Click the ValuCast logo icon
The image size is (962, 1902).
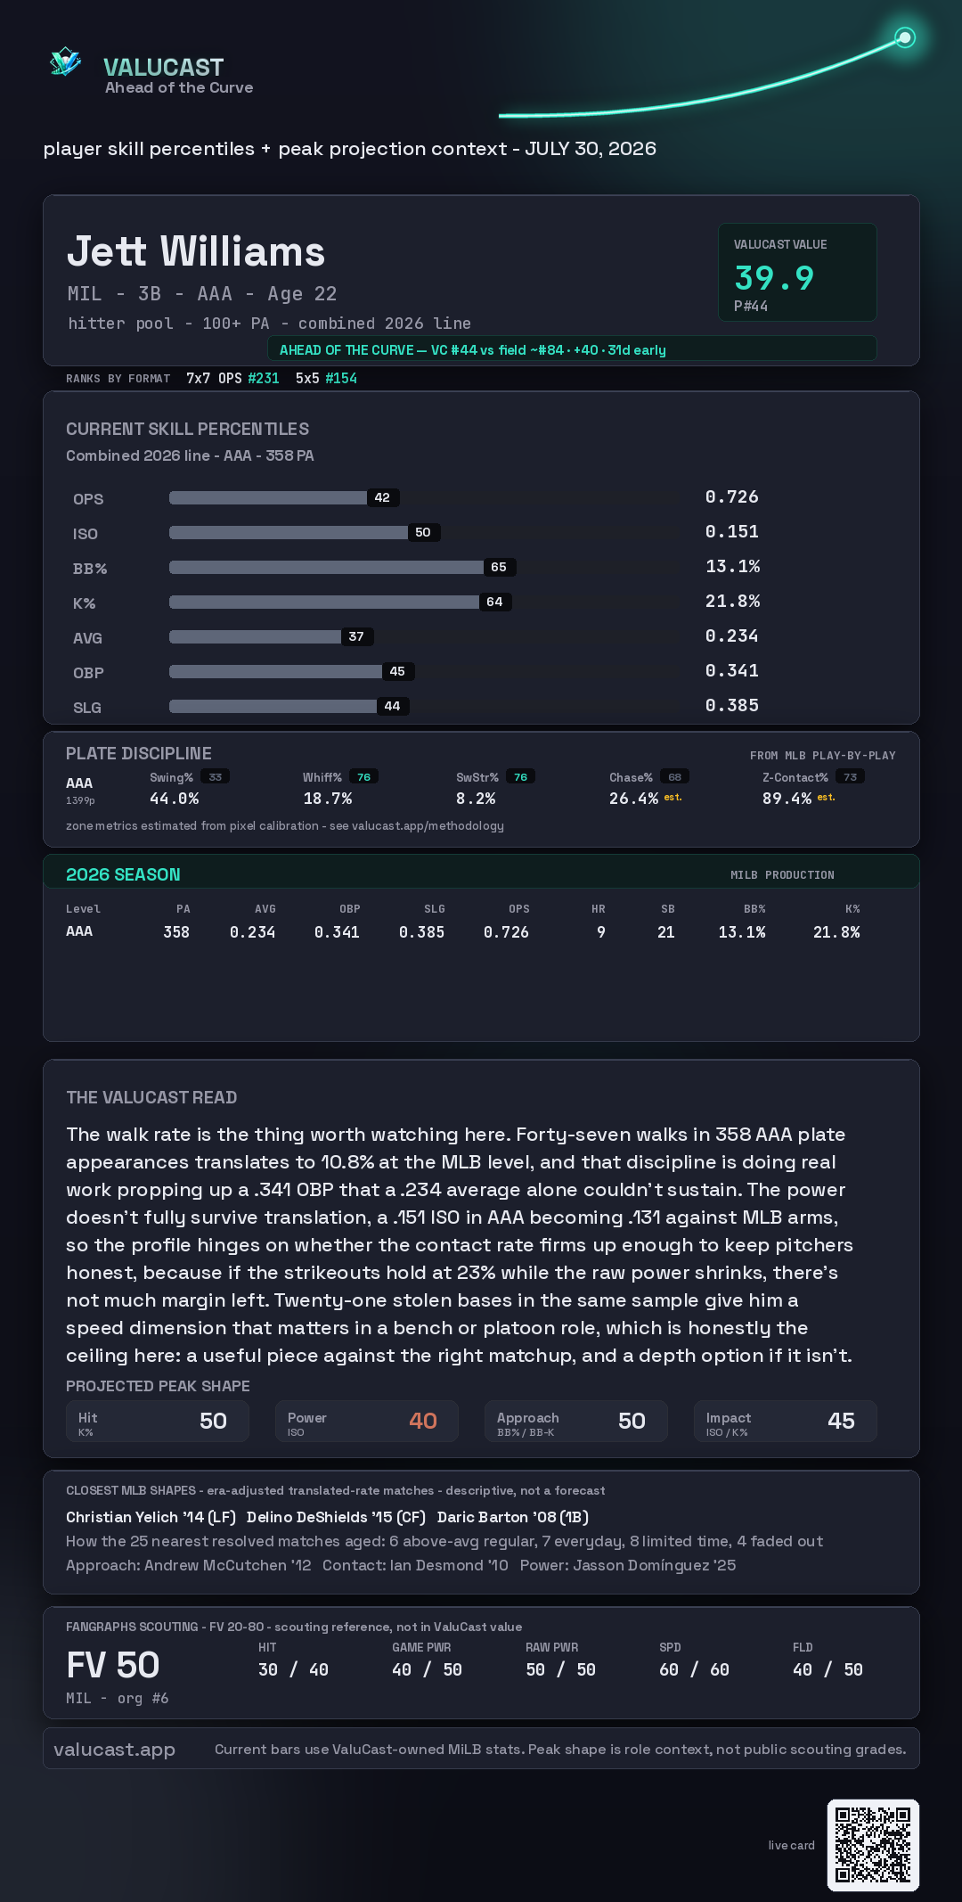[x=66, y=61]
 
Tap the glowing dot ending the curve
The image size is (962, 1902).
[x=905, y=37]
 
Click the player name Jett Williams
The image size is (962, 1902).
[x=196, y=251]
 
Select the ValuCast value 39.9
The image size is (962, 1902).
[x=774, y=278]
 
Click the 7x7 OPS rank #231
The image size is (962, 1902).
[x=264, y=378]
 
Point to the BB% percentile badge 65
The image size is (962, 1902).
[x=499, y=567]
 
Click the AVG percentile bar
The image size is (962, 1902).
[x=255, y=636]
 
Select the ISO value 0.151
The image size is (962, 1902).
[x=732, y=531]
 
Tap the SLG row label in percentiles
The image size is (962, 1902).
[x=87, y=708]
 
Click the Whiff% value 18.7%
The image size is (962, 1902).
[x=328, y=799]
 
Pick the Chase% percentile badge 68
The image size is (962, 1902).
[x=675, y=777]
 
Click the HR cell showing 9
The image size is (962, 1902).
[x=601, y=932]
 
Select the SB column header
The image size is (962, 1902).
[x=668, y=909]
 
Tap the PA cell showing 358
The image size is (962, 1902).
[x=176, y=932]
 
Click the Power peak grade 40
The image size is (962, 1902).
[x=423, y=1421]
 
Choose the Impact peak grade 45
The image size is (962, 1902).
[x=842, y=1421]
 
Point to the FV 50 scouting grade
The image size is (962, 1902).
[x=113, y=1665]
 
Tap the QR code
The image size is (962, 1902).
[x=873, y=1845]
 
